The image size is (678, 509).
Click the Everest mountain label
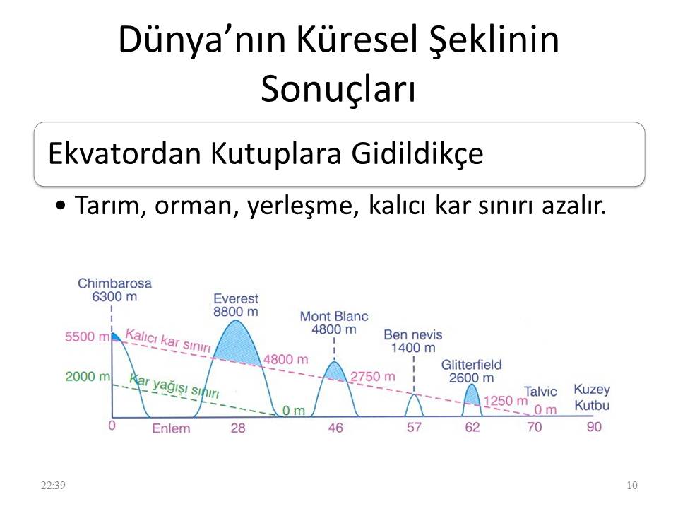[236, 299]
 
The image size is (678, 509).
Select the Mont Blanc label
[334, 316]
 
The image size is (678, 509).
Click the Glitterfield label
[471, 365]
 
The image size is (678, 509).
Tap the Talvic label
[540, 392]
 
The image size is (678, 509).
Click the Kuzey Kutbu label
[591, 398]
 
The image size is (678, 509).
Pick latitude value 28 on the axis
[238, 428]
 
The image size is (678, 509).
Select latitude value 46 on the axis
[335, 428]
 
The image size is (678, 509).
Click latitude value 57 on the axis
[415, 428]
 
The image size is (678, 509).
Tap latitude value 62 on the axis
[473, 428]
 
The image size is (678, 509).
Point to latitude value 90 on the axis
[596, 427]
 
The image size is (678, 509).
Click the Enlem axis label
[170, 428]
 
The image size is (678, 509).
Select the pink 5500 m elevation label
[88, 337]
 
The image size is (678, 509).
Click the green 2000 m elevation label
[88, 376]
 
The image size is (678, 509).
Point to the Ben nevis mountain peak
[415, 395]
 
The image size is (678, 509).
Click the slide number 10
[631, 485]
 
